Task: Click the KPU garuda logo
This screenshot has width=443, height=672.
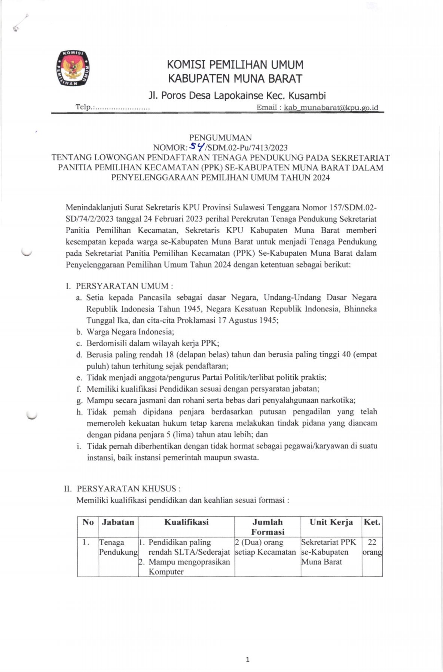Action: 73,68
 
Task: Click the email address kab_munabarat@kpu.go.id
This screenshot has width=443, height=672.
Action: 331,107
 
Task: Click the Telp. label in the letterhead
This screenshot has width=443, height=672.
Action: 85,107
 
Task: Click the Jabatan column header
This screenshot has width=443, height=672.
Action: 118,522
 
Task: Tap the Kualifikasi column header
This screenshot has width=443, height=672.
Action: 186,522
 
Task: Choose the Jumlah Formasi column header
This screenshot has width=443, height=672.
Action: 268,527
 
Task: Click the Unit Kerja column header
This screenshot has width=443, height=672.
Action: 331,522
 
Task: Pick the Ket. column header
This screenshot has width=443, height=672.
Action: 372,522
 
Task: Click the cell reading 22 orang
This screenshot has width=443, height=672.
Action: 372,547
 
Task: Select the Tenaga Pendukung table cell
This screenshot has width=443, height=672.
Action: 118,547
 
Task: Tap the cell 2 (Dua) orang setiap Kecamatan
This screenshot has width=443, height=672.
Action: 265,547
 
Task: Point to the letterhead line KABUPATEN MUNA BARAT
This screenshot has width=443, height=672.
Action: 235,78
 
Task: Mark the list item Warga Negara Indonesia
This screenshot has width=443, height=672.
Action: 130,332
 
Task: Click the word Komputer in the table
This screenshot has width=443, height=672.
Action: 166,571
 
